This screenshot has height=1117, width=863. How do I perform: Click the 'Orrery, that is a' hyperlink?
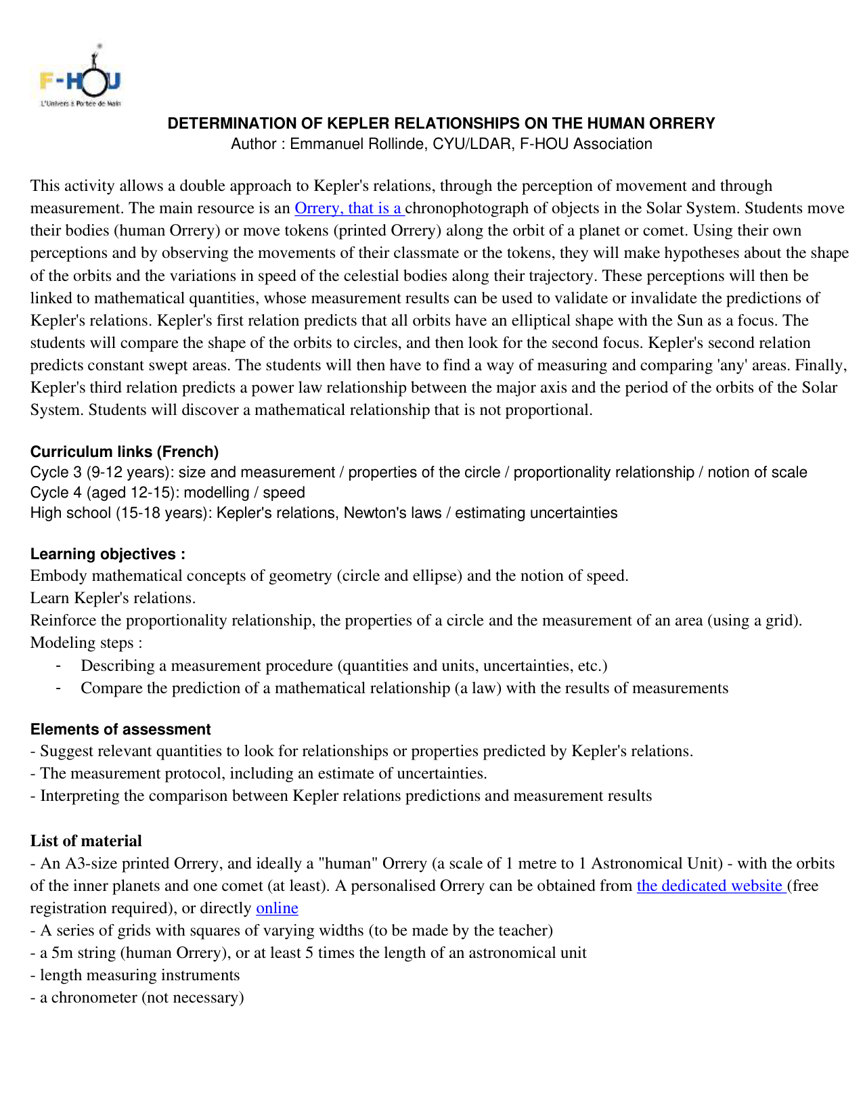pyautogui.click(x=349, y=208)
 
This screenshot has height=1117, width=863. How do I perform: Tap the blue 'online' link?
pyautogui.click(x=277, y=908)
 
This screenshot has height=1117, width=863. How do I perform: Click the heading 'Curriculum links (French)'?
pyautogui.click(x=125, y=452)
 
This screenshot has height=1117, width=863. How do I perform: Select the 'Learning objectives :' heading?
pyautogui.click(x=108, y=554)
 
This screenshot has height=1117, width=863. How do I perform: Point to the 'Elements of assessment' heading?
pyautogui.click(x=120, y=729)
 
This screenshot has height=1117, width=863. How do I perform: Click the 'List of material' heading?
pyautogui.click(x=86, y=841)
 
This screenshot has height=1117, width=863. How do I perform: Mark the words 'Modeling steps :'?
pyautogui.click(x=87, y=642)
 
